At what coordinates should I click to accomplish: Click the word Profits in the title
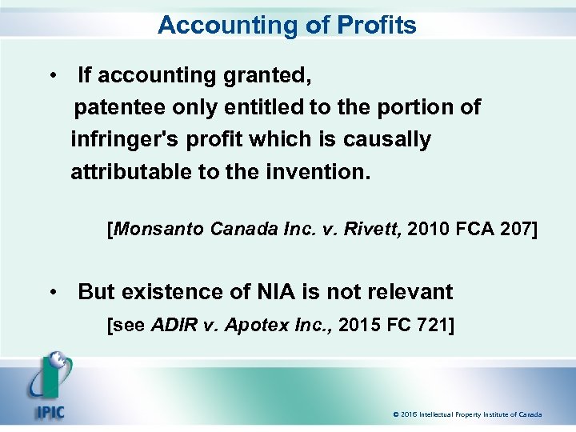click(375, 26)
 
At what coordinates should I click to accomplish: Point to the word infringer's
click(127, 139)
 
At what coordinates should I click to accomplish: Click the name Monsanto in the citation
click(160, 230)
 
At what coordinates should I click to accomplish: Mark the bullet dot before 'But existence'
click(51, 292)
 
